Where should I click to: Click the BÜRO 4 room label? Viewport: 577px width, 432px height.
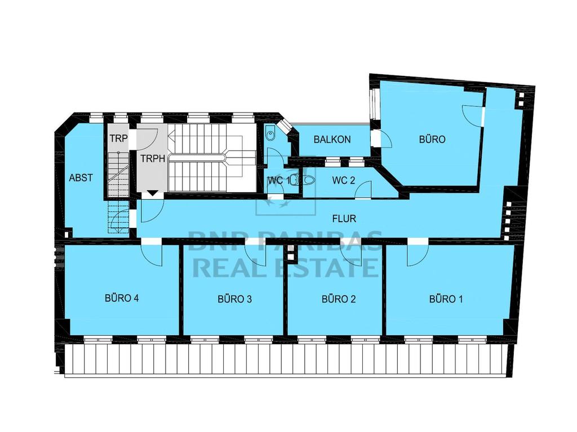122,298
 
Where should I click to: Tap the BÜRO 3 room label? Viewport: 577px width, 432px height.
234,299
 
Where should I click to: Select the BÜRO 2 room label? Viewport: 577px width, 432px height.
339,299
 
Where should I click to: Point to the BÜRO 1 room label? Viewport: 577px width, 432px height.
446,299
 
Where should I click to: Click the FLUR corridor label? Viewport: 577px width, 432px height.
344,219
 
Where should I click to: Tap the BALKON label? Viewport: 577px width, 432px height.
332,139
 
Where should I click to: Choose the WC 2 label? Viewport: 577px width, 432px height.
343,181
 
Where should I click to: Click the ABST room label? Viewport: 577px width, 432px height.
81,178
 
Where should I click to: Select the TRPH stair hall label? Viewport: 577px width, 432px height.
153,159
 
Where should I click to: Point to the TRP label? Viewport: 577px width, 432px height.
118,138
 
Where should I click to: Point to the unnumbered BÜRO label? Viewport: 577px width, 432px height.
432,139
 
